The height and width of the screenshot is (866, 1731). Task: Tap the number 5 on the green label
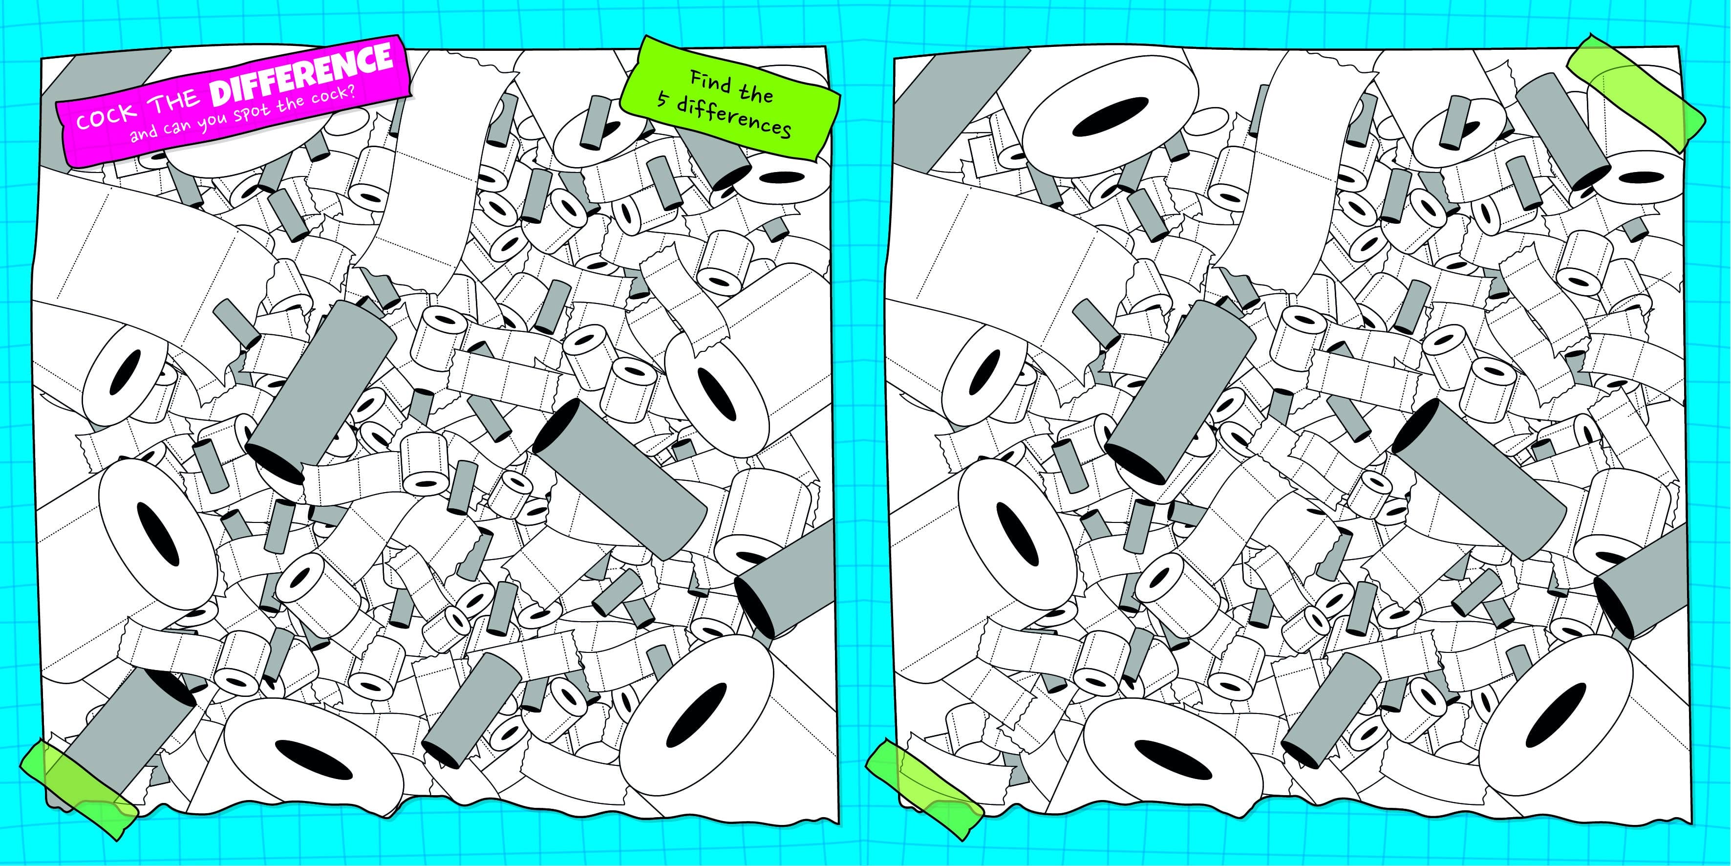click(664, 102)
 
